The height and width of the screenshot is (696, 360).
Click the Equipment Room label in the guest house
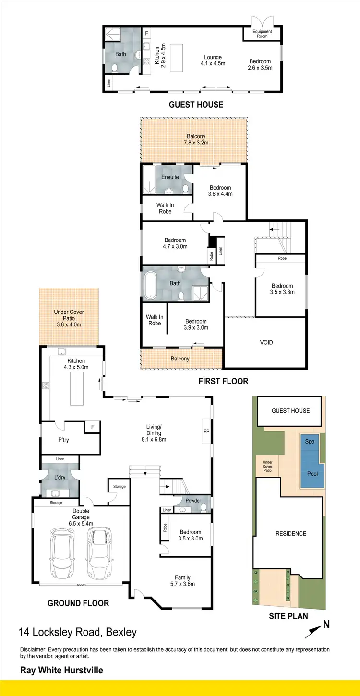coord(263,34)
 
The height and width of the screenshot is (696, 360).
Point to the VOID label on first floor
coord(266,342)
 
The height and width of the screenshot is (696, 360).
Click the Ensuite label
coord(170,177)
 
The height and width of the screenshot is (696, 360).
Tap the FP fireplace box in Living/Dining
coord(206,431)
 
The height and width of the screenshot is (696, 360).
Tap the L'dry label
coord(60,478)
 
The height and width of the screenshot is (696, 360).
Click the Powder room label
coord(193,501)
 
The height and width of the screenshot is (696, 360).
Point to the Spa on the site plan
coord(310,441)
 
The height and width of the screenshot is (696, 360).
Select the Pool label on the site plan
coord(312,474)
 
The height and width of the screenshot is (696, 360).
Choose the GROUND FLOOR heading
coord(78,603)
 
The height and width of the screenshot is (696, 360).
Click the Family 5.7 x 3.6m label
coord(182,581)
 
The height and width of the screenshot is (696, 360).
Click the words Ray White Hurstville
coord(61,670)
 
